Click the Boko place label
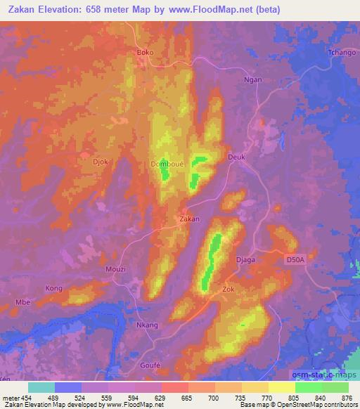pos(144,53)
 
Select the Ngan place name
pos(253,79)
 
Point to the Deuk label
pos(237,157)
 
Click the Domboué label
pos(167,164)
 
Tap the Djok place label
pos(101,162)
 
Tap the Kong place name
pos(54,288)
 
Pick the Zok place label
pos(228,289)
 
